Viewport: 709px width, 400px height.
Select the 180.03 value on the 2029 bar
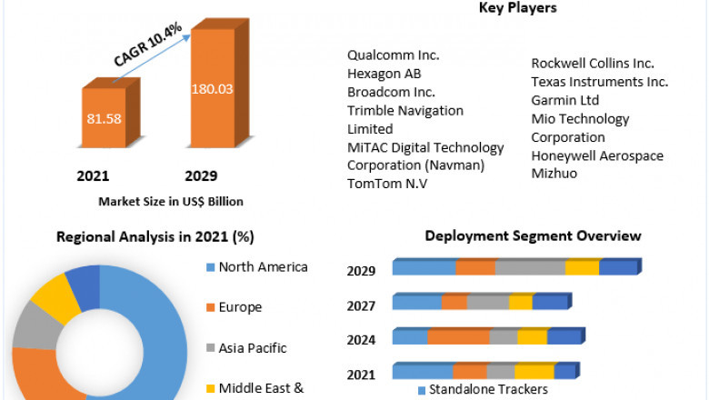point(212,89)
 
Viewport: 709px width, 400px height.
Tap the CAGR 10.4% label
point(148,45)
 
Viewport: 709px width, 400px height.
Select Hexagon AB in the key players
point(384,74)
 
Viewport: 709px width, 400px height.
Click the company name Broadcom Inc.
point(391,92)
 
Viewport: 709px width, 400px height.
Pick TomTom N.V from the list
point(387,184)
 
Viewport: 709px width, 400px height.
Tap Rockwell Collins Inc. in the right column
point(592,63)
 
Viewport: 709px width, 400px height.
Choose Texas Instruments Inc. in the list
point(599,81)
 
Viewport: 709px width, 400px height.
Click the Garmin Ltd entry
point(565,100)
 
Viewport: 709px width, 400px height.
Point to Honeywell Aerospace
point(597,155)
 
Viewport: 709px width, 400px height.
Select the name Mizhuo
point(554,173)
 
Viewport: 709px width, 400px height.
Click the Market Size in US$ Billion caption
point(171,201)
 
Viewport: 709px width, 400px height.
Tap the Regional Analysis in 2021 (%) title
point(155,237)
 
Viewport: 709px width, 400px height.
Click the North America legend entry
point(263,267)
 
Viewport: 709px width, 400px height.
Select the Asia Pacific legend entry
point(252,347)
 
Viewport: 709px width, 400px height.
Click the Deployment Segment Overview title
point(533,236)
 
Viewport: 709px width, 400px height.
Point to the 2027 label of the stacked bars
point(361,305)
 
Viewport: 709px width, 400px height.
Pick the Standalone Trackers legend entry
point(487,390)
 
